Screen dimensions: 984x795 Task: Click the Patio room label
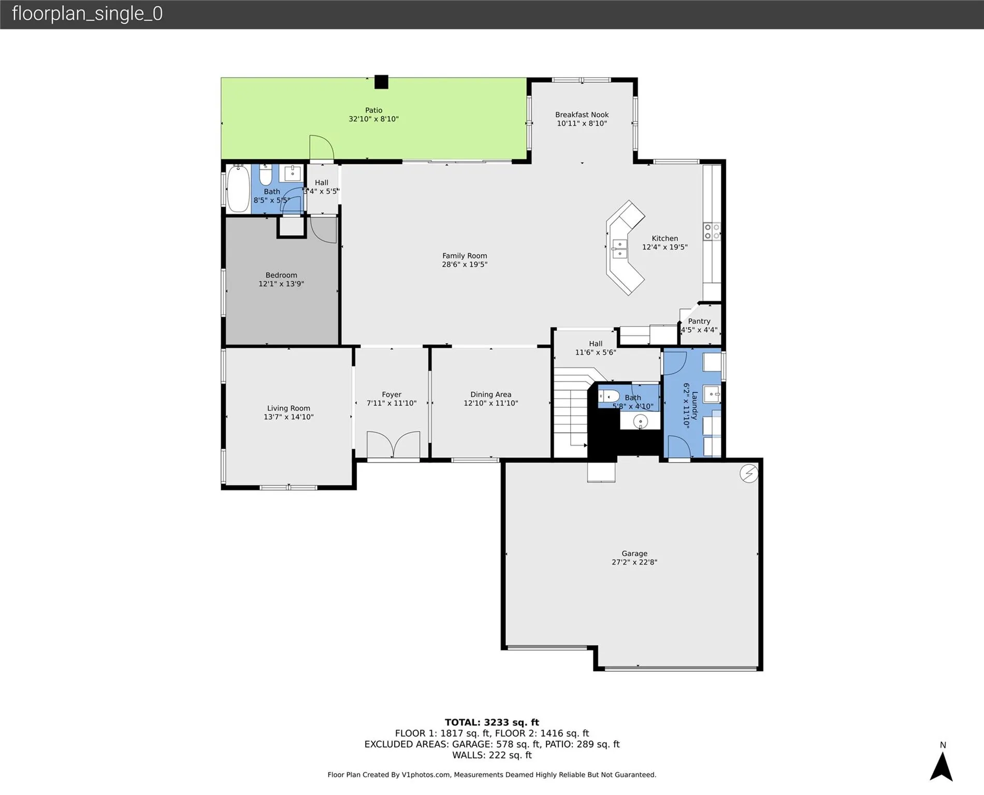373,110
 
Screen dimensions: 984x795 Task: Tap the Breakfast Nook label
582,115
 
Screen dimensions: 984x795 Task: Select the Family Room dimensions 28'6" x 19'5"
465,264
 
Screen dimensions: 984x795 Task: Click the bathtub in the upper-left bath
239,188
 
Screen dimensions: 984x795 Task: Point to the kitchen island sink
619,249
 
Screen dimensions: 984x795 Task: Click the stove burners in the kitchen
712,231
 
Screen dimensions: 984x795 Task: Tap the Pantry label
699,321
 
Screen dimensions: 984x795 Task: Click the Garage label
634,553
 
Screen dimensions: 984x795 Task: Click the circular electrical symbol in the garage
749,473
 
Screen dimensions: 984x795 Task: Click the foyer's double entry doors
393,445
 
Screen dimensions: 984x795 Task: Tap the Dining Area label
490,394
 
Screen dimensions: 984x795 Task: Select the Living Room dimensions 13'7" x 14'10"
288,417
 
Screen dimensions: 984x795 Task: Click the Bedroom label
281,275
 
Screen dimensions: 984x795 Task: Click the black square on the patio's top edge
381,82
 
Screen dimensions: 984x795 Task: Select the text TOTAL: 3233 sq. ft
491,723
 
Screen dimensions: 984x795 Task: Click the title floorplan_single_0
87,13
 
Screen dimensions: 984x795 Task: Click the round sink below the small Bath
641,421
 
